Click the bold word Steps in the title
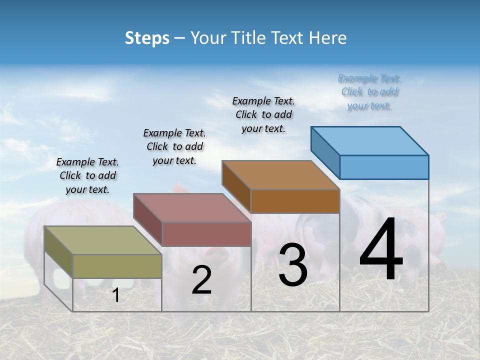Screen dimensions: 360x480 (x=147, y=38)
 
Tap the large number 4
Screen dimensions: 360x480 (x=381, y=250)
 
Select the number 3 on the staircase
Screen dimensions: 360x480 (x=293, y=265)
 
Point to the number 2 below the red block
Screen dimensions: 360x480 (x=201, y=280)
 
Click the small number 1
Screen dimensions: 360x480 (x=116, y=295)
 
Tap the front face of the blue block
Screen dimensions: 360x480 (x=384, y=167)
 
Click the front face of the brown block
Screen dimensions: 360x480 (x=295, y=201)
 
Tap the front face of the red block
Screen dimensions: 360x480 (x=206, y=234)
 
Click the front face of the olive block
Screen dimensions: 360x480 (x=117, y=266)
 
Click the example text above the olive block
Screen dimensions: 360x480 (x=87, y=175)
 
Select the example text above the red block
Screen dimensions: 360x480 (x=174, y=146)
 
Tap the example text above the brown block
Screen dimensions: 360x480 (x=263, y=114)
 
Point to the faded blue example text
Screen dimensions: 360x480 (x=369, y=92)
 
